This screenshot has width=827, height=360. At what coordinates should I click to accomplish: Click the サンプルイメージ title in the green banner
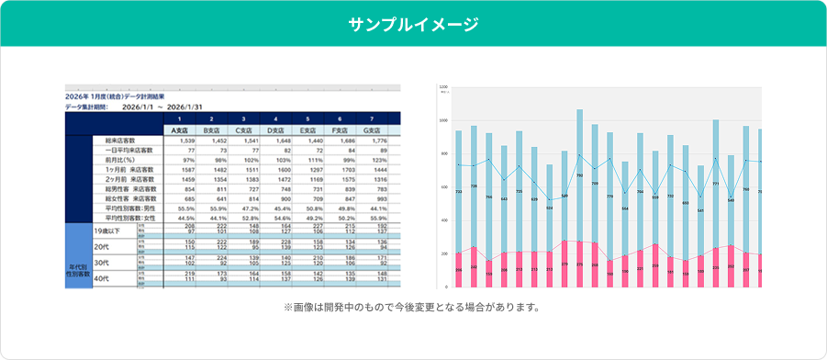(x=413, y=24)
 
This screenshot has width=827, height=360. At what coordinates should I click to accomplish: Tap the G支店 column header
(x=372, y=129)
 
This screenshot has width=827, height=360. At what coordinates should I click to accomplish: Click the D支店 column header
(x=275, y=129)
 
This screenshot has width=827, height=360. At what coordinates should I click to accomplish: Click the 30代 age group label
(x=101, y=262)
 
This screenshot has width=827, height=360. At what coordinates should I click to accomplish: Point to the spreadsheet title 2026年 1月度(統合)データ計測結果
(x=128, y=96)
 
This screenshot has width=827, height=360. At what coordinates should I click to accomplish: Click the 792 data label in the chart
(x=580, y=174)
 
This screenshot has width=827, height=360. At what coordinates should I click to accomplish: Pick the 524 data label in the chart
(x=550, y=208)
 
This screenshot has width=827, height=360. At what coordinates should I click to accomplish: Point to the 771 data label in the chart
(x=715, y=184)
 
